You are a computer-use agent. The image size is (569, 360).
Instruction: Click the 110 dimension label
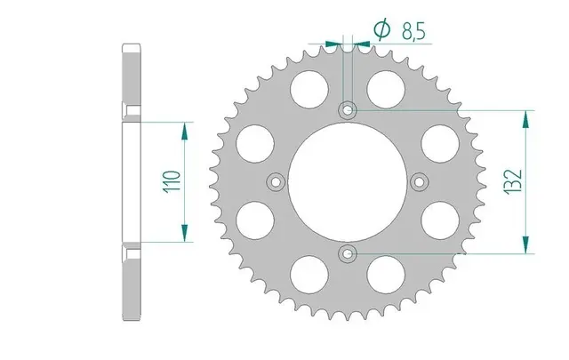point(172,181)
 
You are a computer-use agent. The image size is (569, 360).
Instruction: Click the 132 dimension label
point(513,181)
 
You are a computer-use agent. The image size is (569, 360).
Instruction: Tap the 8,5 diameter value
point(413,30)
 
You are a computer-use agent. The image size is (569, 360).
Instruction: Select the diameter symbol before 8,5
point(382,29)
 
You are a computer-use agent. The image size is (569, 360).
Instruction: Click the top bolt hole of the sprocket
point(348,109)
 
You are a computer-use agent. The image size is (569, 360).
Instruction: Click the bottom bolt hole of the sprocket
point(348,253)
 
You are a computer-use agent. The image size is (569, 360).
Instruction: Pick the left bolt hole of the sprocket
point(276,182)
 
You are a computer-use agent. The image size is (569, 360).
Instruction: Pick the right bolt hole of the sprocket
point(419,182)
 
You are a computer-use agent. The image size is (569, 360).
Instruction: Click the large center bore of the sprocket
point(348,182)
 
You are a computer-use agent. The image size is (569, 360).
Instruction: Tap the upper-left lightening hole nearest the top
point(309,89)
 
